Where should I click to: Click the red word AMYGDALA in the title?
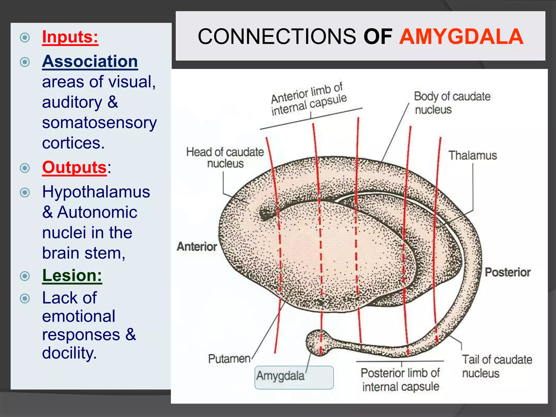[461, 37]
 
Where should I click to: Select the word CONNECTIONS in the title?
[277, 37]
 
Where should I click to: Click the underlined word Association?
[90, 61]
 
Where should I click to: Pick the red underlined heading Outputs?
[74, 167]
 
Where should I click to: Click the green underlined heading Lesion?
[72, 275]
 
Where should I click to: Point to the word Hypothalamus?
[96, 192]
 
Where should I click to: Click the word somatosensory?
[99, 122]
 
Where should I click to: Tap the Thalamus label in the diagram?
[472, 156]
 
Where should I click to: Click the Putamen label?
[229, 359]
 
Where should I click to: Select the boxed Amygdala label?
[281, 376]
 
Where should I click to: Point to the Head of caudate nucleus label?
[225, 158]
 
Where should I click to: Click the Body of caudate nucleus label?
[452, 103]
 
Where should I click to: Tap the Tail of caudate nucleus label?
[497, 366]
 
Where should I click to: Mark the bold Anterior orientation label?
[197, 247]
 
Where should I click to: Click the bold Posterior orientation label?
[507, 272]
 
